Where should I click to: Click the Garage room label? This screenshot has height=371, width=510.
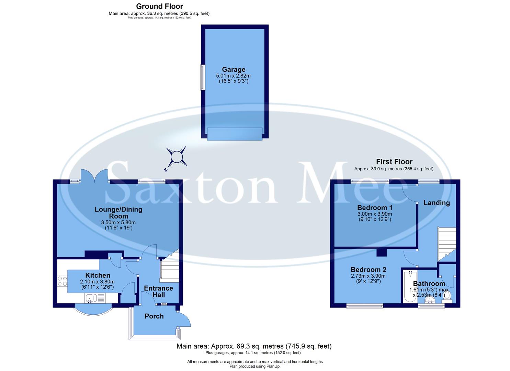click(234, 69)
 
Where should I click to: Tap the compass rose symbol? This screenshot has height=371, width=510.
click(177, 157)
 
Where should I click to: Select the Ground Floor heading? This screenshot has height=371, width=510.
click(159, 6)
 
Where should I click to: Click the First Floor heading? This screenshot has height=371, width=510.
click(394, 161)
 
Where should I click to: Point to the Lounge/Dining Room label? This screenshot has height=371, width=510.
click(118, 213)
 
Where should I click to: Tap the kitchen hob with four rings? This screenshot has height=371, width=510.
click(62, 281)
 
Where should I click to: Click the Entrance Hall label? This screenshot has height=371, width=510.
click(158, 291)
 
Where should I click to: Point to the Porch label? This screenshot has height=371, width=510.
click(154, 316)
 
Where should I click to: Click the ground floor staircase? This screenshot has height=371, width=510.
click(170, 268)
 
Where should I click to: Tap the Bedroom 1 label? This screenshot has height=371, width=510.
click(374, 207)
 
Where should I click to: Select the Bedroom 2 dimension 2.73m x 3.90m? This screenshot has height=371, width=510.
click(368, 276)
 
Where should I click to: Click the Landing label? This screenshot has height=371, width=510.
click(436, 203)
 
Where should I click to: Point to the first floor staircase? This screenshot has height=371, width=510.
click(446, 244)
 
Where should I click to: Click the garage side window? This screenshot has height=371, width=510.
click(203, 77)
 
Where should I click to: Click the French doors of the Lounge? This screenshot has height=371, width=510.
click(94, 176)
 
